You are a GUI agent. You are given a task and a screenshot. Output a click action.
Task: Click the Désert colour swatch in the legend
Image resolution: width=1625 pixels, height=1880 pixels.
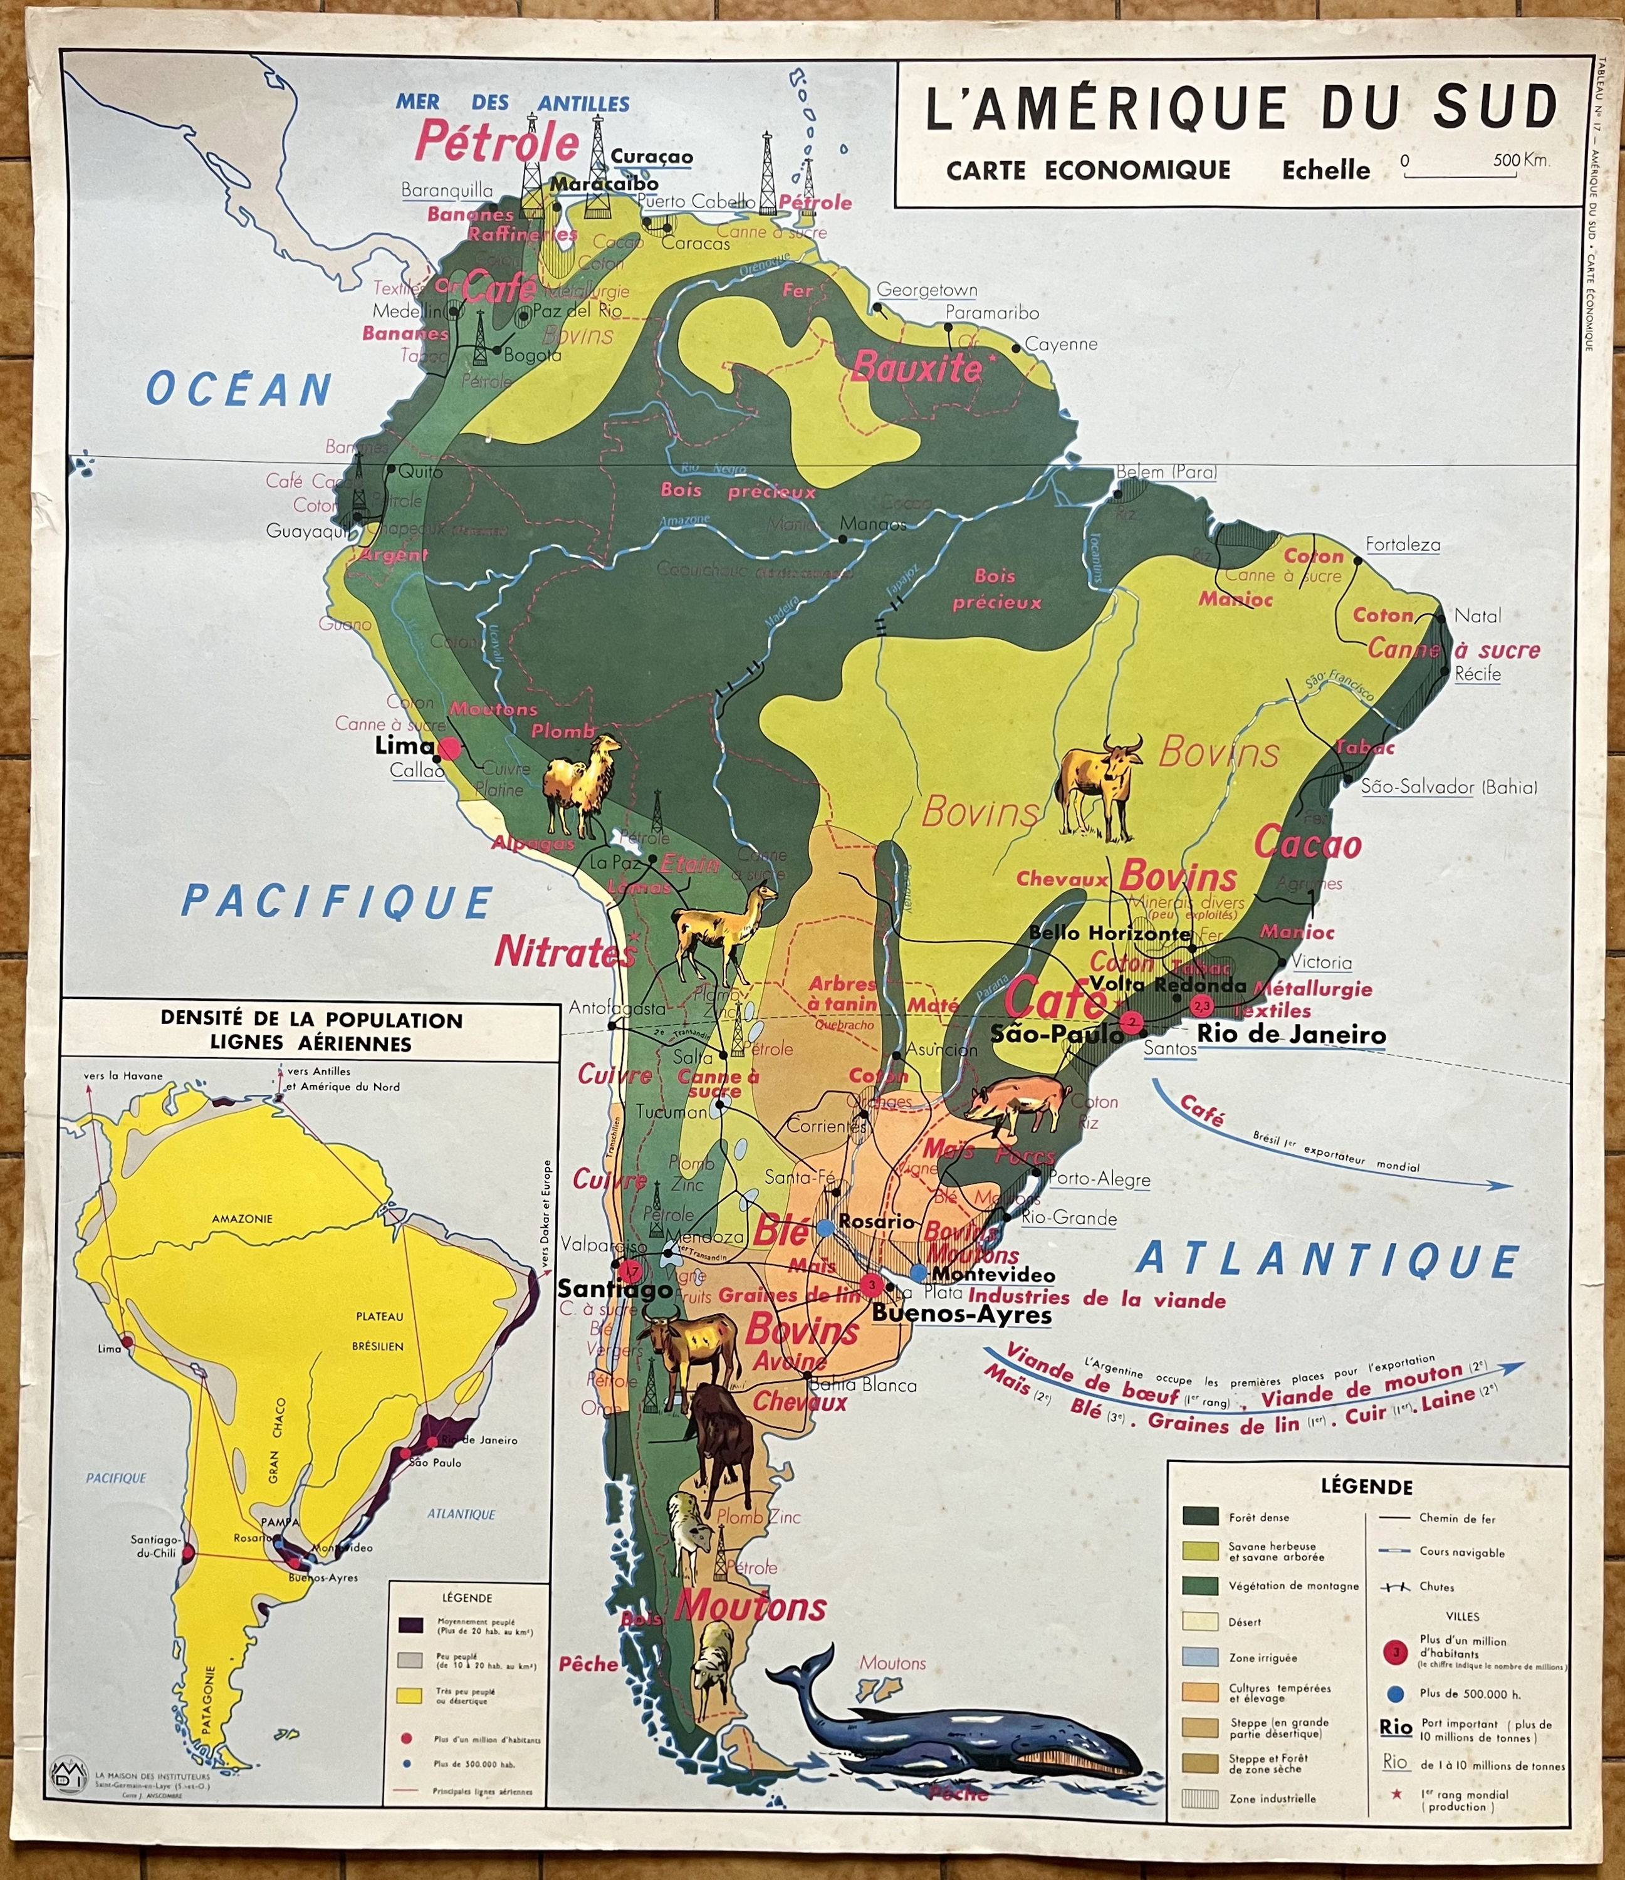pos(1200,1621)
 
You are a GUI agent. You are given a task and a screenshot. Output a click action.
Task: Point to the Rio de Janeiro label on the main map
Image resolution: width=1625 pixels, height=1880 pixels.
pos(1291,1035)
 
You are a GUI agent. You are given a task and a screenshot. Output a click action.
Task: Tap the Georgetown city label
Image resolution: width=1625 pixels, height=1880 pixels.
pos(926,290)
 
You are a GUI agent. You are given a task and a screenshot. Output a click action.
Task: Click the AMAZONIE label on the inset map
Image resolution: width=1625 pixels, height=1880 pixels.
pos(243,1219)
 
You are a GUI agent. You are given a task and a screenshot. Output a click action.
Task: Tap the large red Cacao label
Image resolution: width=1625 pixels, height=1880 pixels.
pos(1307,845)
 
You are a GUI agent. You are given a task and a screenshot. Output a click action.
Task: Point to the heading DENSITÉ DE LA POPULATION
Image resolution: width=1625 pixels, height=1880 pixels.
pos(311,1020)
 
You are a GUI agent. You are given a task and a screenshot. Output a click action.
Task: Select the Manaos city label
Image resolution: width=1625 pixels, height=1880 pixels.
pos(873,523)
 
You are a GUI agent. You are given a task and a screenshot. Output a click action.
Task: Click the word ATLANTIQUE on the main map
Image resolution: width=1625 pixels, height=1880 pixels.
pos(1327,1260)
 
